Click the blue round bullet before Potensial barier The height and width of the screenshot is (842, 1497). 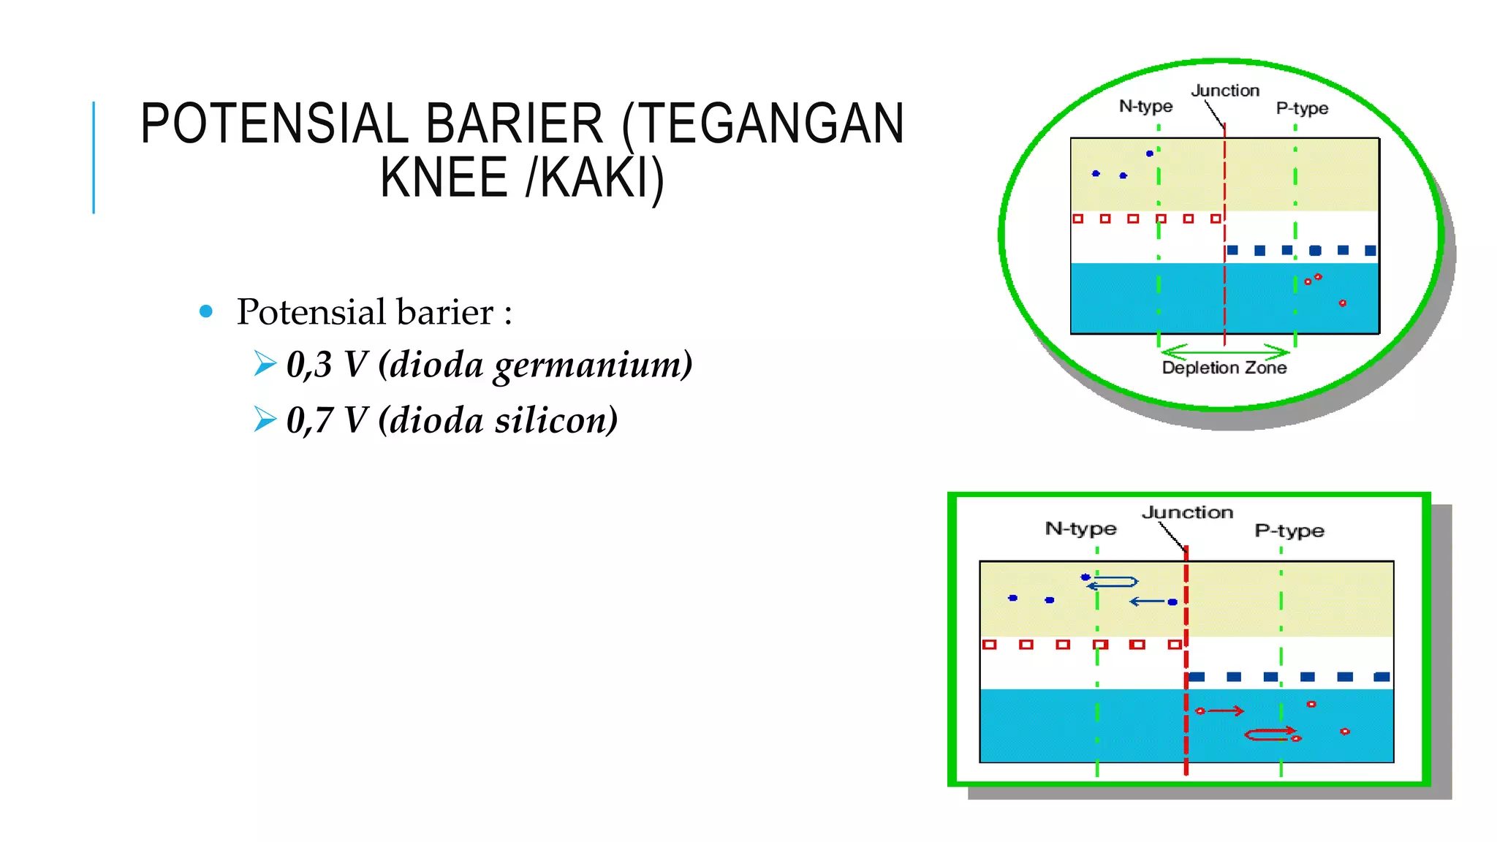tap(206, 312)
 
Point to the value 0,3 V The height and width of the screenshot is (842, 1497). tap(327, 364)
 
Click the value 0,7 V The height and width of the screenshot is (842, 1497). tap(327, 420)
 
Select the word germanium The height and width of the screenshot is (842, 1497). tap(592, 365)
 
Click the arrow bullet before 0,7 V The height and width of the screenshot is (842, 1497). tap(265, 420)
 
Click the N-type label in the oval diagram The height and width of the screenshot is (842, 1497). tap(1145, 107)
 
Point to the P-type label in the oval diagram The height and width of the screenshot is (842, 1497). tap(1302, 109)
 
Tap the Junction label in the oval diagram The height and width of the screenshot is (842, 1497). tap(1225, 91)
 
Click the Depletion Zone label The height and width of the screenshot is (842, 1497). tap(1224, 368)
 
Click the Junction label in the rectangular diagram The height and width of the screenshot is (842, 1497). tap(1187, 512)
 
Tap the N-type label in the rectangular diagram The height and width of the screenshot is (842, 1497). tap(1080, 528)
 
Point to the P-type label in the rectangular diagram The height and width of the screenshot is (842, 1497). tap(1289, 531)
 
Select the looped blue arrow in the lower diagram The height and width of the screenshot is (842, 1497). tap(1113, 583)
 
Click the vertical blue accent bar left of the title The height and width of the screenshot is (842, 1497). tap(94, 157)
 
